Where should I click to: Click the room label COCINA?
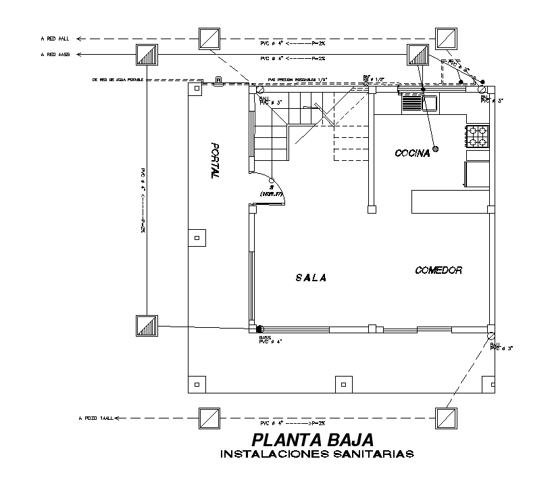pos(412,153)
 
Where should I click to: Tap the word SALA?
pos(311,277)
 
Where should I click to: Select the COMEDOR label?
pos(438,270)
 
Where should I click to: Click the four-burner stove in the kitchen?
pos(478,135)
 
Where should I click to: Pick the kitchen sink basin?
pos(430,103)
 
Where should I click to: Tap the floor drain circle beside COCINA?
pos(436,149)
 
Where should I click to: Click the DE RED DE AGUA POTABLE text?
pos(118,80)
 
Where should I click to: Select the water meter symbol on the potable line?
pos(219,80)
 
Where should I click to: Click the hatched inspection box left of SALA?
pos(147,326)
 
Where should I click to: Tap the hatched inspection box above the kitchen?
pos(418,55)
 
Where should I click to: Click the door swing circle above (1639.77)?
pos(272,181)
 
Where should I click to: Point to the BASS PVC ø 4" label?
pos(270,339)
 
